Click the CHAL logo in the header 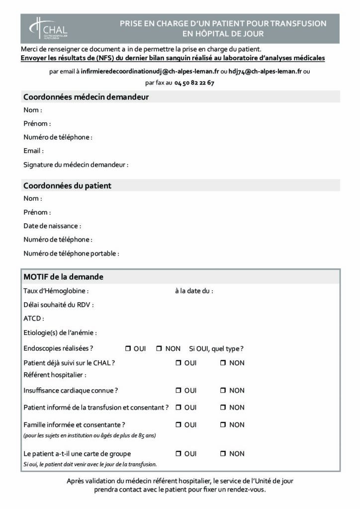tap(49, 28)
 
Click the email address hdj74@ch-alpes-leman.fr tap(265, 72)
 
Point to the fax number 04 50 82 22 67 tap(194, 83)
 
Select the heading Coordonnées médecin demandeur tap(86, 97)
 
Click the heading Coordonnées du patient tap(67, 186)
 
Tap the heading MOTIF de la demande tap(63, 276)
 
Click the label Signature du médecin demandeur tap(76, 165)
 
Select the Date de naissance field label tap(52, 226)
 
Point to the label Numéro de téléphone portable tap(71, 254)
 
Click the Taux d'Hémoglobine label tap(56, 291)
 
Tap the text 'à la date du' tap(194, 291)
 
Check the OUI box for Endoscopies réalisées tap(128, 349)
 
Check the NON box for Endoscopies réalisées tap(159, 349)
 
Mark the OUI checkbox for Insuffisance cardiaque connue tap(178, 391)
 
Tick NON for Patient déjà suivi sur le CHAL tap(223, 363)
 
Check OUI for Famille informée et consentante tap(178, 425)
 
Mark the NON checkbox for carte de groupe tap(223, 454)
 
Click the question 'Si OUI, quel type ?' tap(216, 349)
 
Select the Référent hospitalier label tap(55, 375)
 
